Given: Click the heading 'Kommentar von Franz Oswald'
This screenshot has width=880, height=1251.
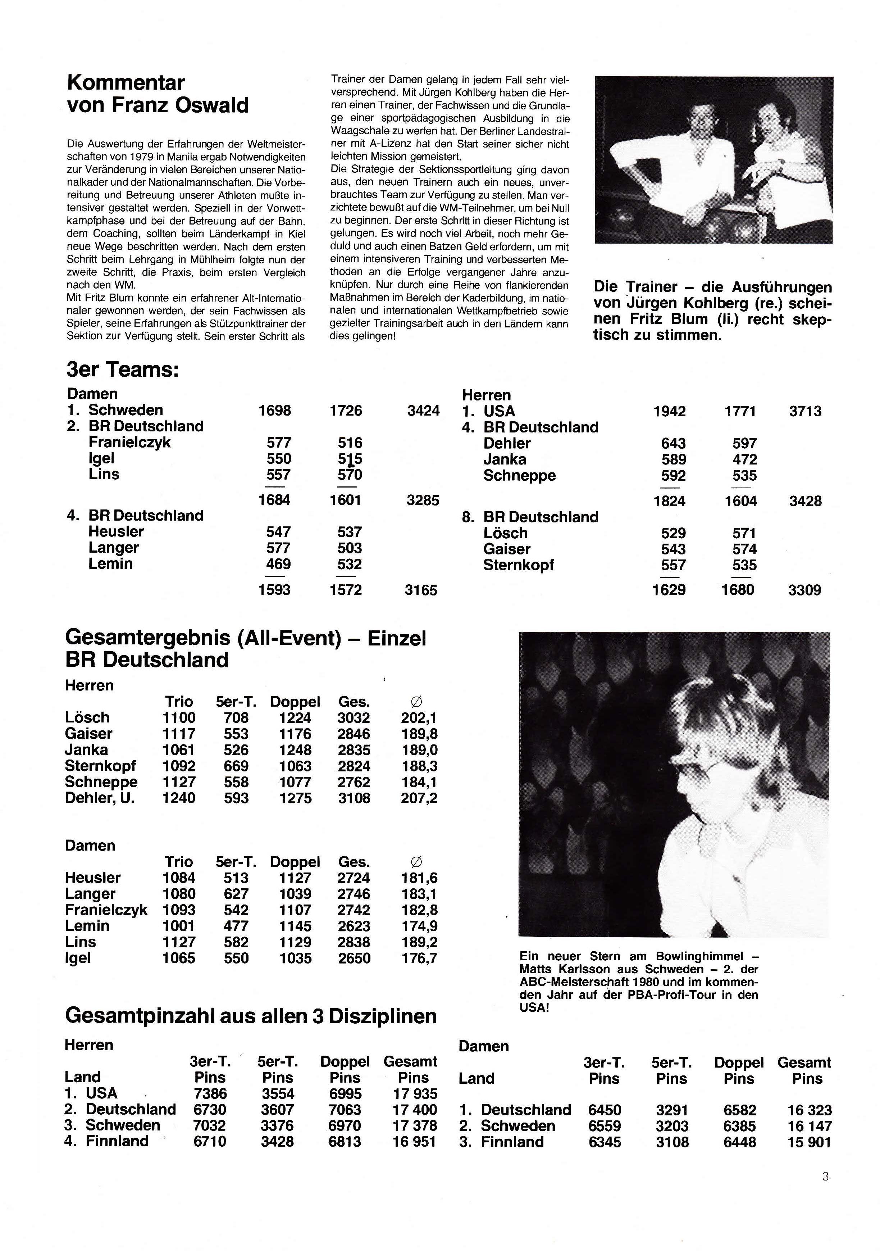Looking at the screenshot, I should pos(158,94).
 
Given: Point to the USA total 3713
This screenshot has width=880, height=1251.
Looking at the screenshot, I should pos(805,411).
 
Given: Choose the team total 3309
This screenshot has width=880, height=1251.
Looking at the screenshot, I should pos(804,590).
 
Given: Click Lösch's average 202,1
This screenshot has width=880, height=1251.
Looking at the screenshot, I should pos(419,718).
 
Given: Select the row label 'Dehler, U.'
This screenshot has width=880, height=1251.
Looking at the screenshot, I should pos(100,798).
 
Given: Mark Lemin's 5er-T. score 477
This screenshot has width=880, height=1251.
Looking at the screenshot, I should pos(236,926).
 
